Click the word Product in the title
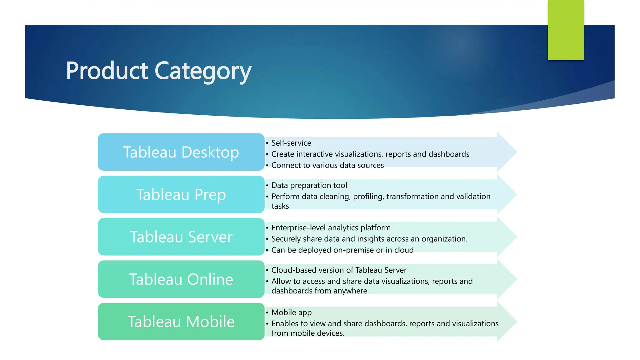point(107,71)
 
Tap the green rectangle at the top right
point(566,30)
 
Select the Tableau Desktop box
point(181,152)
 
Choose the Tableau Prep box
point(181,194)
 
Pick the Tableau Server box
point(181,237)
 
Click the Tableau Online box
point(181,279)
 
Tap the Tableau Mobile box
point(181,322)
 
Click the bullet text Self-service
point(291,143)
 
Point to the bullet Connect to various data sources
point(327,165)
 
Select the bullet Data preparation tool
point(309,185)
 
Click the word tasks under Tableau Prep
point(280,206)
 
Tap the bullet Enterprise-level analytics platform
point(331,228)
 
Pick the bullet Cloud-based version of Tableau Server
point(339,270)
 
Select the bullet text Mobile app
point(291,312)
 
